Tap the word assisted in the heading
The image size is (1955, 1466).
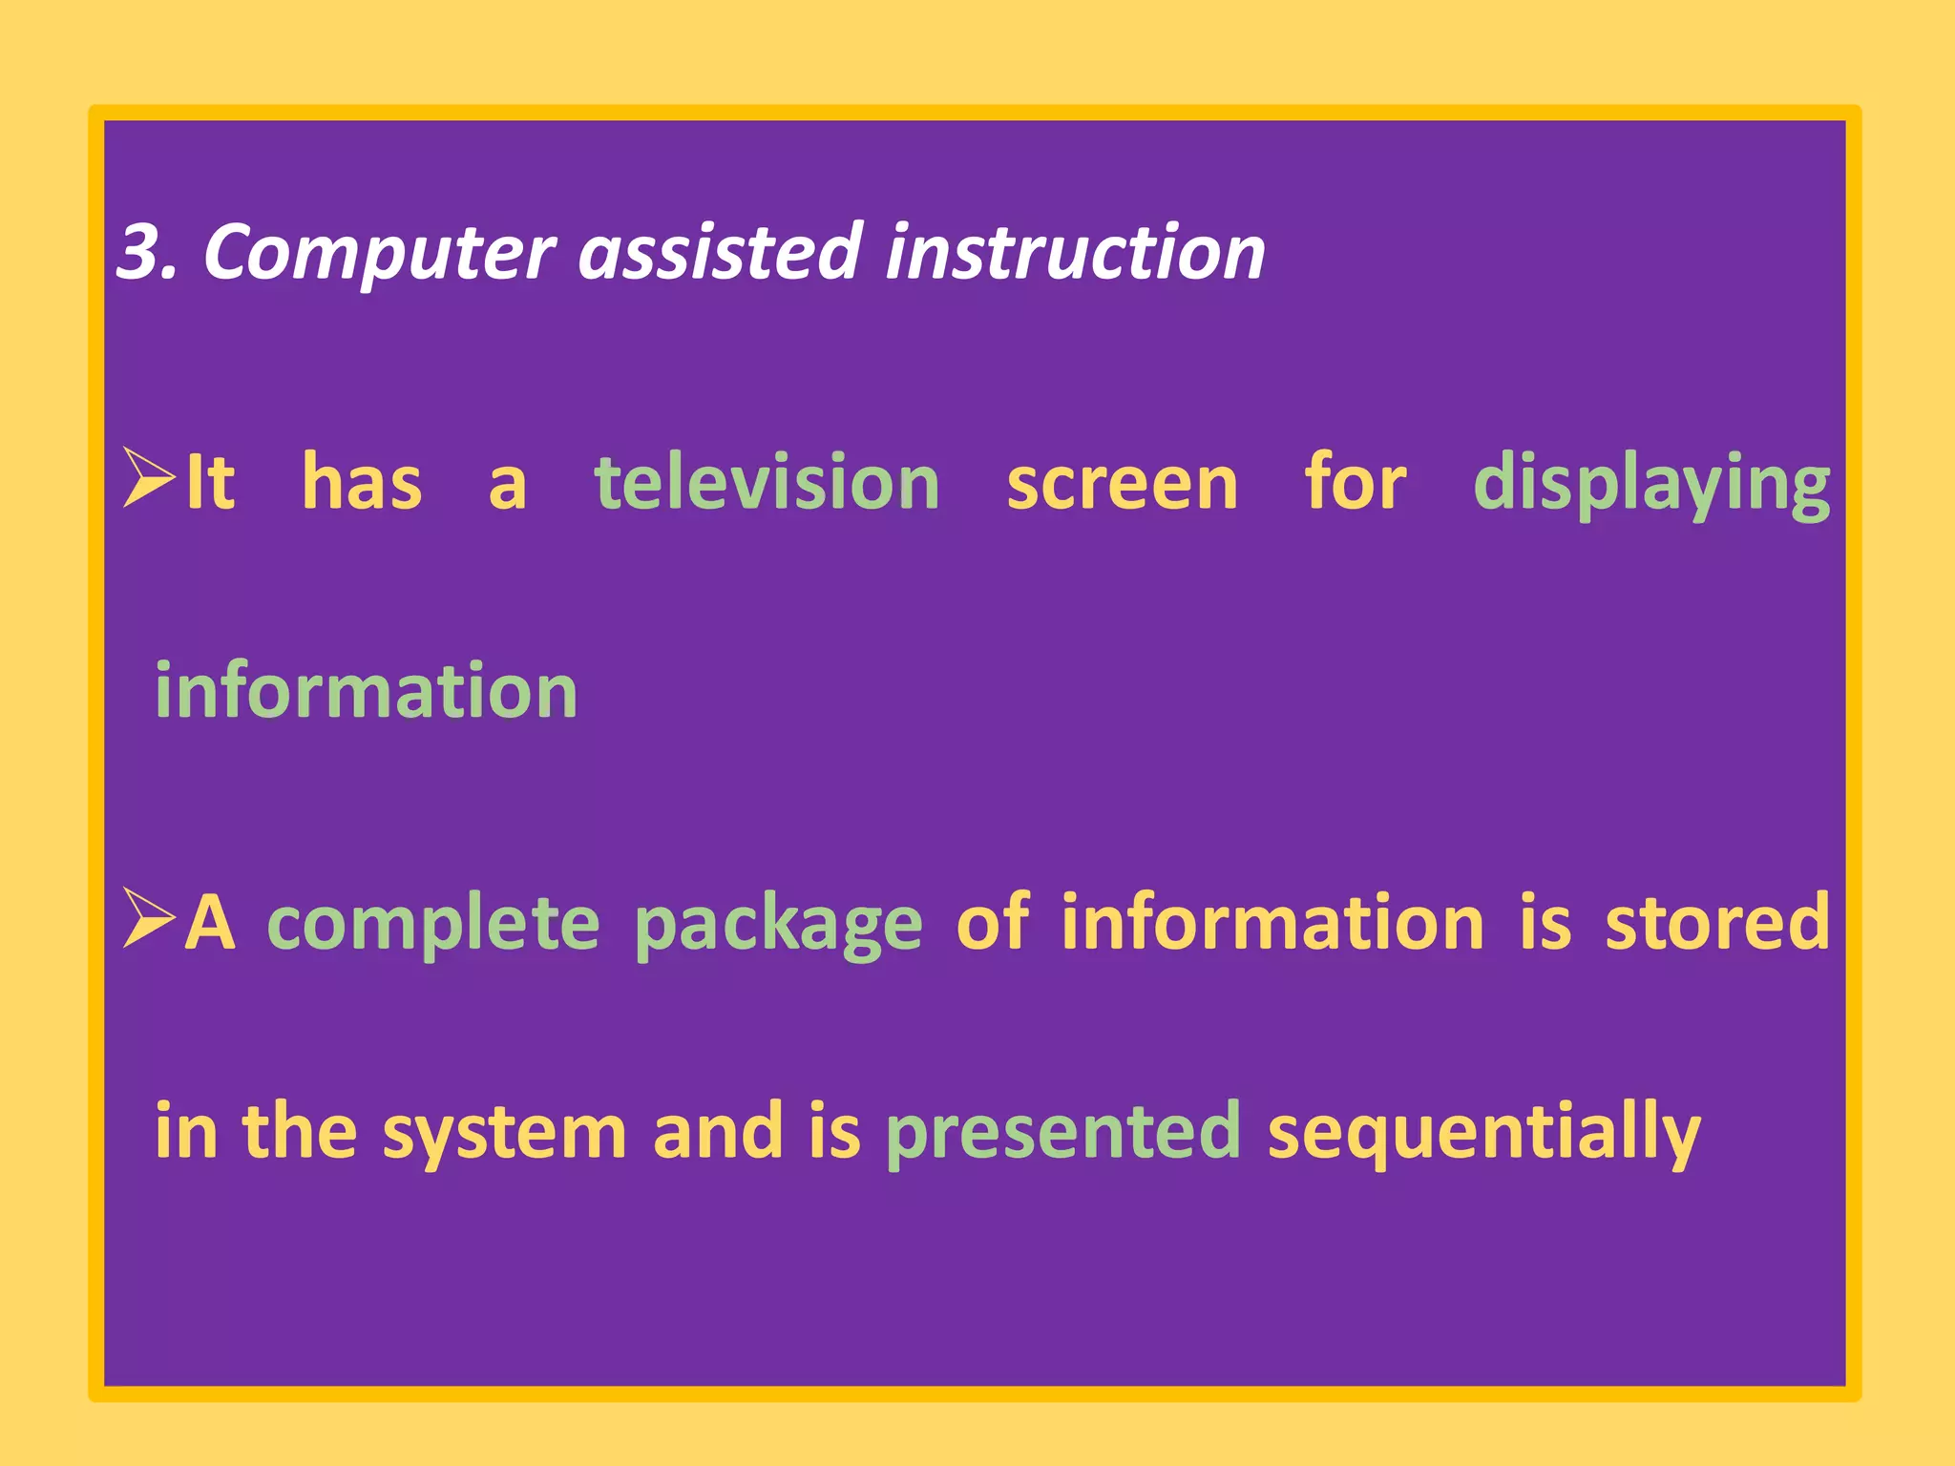point(721,252)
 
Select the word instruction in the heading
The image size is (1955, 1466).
point(1075,252)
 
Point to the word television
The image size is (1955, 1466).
point(767,483)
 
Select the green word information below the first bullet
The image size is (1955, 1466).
point(367,691)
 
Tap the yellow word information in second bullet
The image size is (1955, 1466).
point(1272,922)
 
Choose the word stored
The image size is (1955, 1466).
point(1717,922)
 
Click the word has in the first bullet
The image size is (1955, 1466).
point(362,483)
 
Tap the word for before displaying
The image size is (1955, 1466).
point(1356,483)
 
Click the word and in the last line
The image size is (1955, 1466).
point(717,1132)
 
